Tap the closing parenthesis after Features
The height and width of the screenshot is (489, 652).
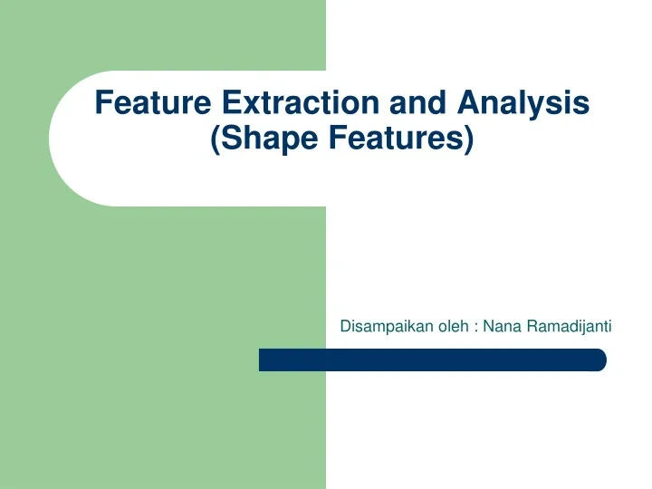[x=468, y=142]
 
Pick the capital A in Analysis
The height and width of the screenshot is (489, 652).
[x=469, y=103]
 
